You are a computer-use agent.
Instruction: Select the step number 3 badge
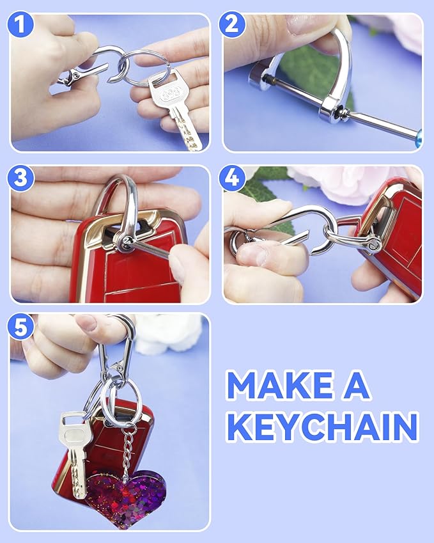tap(22, 178)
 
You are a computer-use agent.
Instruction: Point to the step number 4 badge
tap(232, 178)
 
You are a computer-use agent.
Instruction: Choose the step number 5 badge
tap(22, 327)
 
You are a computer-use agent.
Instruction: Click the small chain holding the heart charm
tap(130, 448)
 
